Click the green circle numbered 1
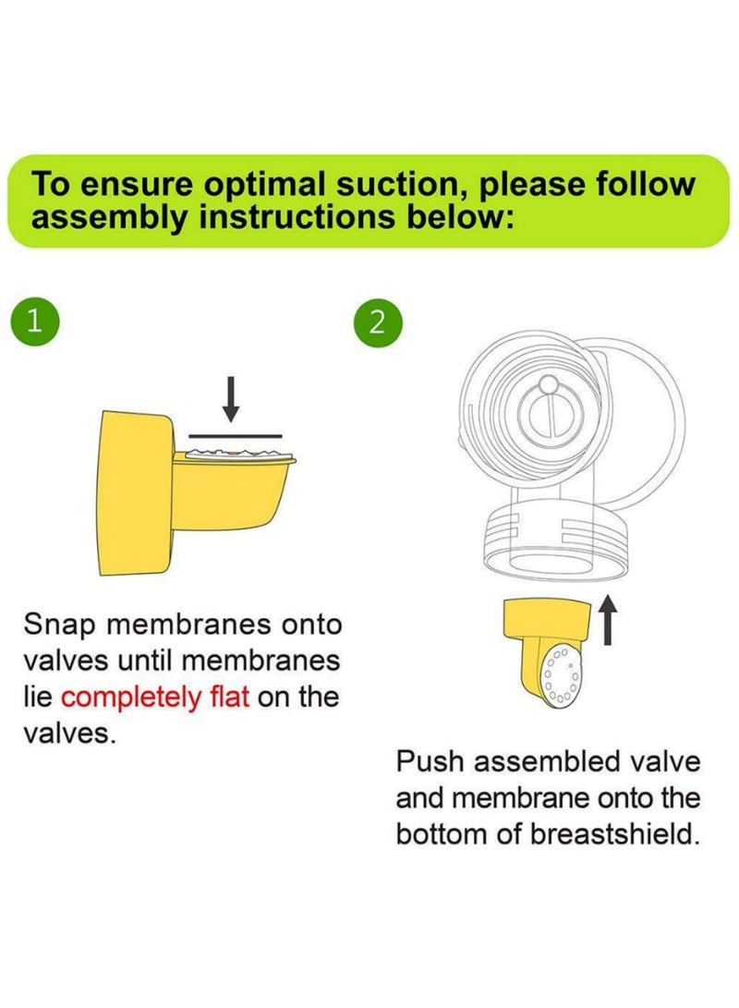(x=35, y=322)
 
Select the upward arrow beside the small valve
(x=608, y=619)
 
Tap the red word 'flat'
(x=225, y=696)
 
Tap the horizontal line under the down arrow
(x=236, y=432)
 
